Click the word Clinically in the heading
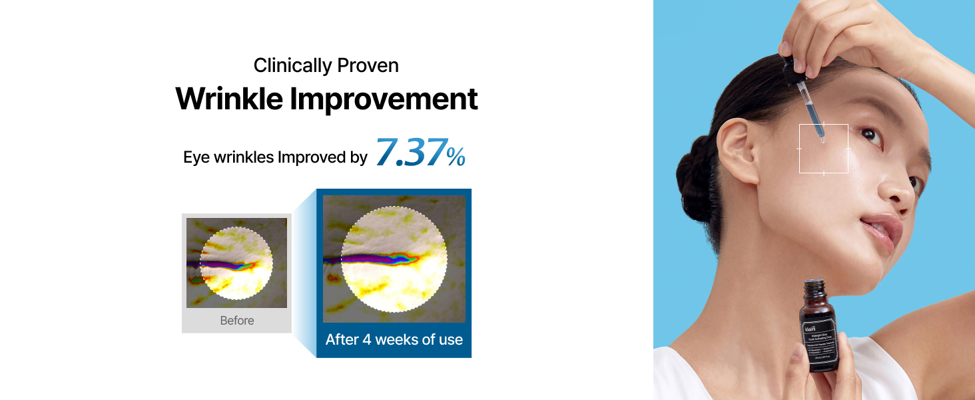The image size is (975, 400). click(293, 66)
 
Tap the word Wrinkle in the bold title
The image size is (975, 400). click(228, 99)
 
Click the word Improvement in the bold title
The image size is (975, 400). click(384, 99)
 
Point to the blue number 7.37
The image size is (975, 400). click(409, 153)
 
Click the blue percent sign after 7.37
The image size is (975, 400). click(456, 157)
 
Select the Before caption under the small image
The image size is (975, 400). click(237, 321)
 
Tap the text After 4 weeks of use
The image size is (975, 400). click(394, 339)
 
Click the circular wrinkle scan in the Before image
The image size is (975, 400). click(236, 263)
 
